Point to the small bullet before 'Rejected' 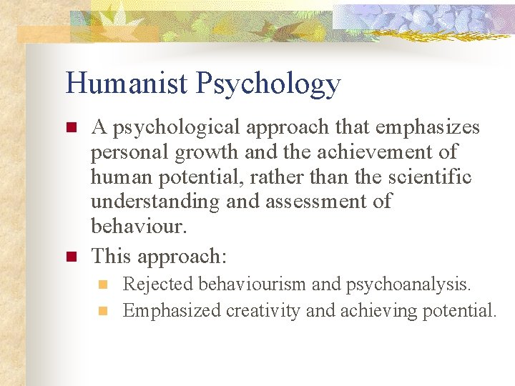(x=103, y=284)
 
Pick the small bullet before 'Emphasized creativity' (x=103, y=311)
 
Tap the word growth (x=205, y=153)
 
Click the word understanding (x=155, y=202)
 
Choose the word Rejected (x=158, y=284)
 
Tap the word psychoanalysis (x=408, y=284)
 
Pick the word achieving (x=369, y=311)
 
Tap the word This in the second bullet (x=109, y=256)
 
